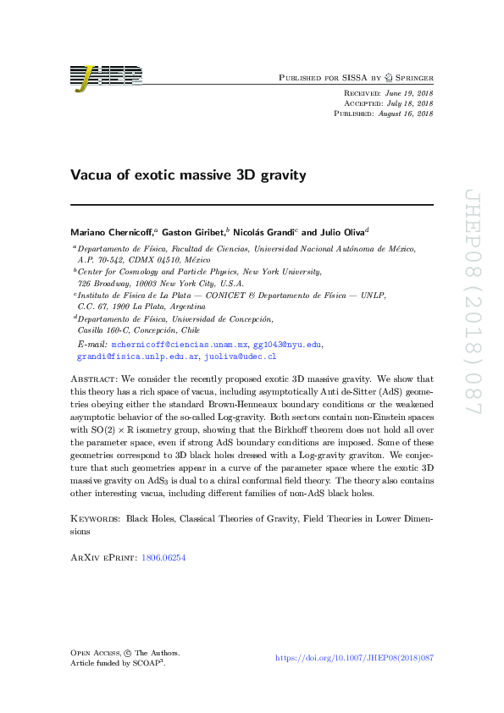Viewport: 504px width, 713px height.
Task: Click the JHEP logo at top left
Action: (x=106, y=77)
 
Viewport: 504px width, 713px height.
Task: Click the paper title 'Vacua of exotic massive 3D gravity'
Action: (x=187, y=176)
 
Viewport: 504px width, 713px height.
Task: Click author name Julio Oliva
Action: (x=342, y=231)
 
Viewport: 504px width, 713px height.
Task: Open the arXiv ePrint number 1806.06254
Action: (x=169, y=558)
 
